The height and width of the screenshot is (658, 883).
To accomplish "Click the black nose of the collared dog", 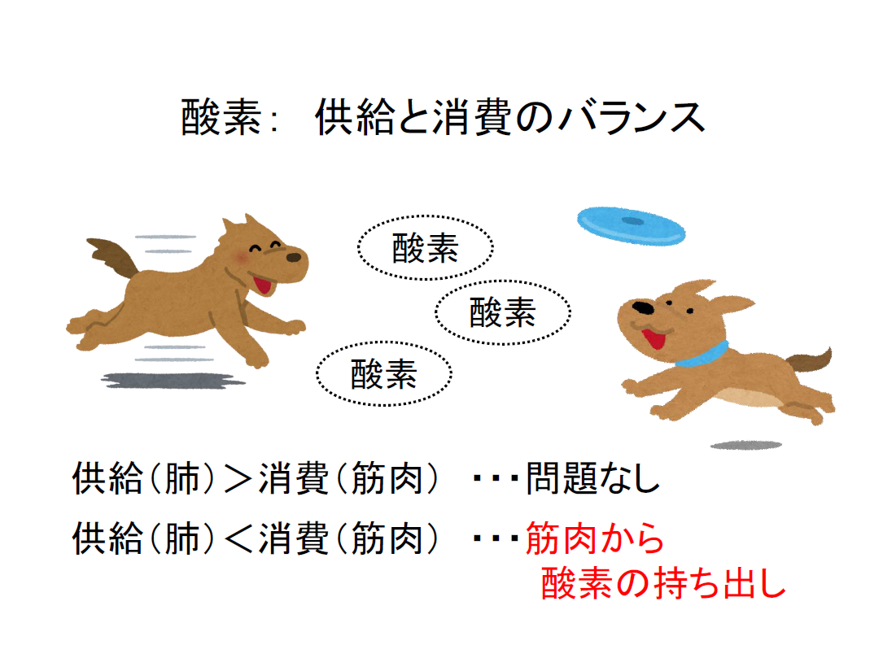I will click(643, 308).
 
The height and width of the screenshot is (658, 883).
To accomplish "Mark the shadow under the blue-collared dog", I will click(745, 445).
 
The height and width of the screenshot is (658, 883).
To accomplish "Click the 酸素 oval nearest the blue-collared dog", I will click(502, 312).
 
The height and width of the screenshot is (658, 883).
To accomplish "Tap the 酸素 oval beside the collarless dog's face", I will click(426, 248).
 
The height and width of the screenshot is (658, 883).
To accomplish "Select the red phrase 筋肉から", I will click(595, 538).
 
